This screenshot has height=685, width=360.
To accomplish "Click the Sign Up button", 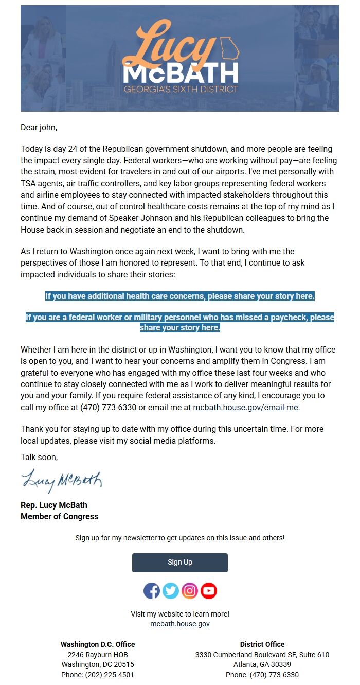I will [x=179, y=563].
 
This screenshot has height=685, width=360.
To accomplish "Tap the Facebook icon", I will [x=152, y=590].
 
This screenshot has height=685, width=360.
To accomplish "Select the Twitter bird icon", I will [x=171, y=590].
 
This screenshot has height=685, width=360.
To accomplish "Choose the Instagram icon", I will [x=190, y=590].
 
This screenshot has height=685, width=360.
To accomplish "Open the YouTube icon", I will [x=209, y=590].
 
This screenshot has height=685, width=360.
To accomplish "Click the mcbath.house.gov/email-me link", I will [x=245, y=408].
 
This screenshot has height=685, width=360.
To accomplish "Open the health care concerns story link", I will [x=179, y=296].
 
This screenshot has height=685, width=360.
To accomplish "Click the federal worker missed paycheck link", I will [x=179, y=322].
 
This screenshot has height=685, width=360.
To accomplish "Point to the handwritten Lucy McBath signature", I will [x=62, y=481].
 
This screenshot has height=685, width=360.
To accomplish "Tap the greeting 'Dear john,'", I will [x=39, y=127].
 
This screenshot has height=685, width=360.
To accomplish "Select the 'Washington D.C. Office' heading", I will [x=98, y=644].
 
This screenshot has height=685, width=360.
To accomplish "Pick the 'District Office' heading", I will [x=262, y=644].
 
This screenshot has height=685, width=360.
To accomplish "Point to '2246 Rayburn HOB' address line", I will [x=98, y=655].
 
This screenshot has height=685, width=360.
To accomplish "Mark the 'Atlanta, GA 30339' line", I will [x=262, y=664].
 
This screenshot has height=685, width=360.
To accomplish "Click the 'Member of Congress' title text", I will [x=59, y=516].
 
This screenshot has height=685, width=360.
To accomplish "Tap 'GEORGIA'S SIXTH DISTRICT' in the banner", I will [x=181, y=89].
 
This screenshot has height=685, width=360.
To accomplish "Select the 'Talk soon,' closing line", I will [x=39, y=457].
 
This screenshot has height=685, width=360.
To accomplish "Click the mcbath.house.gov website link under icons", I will [x=179, y=624].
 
